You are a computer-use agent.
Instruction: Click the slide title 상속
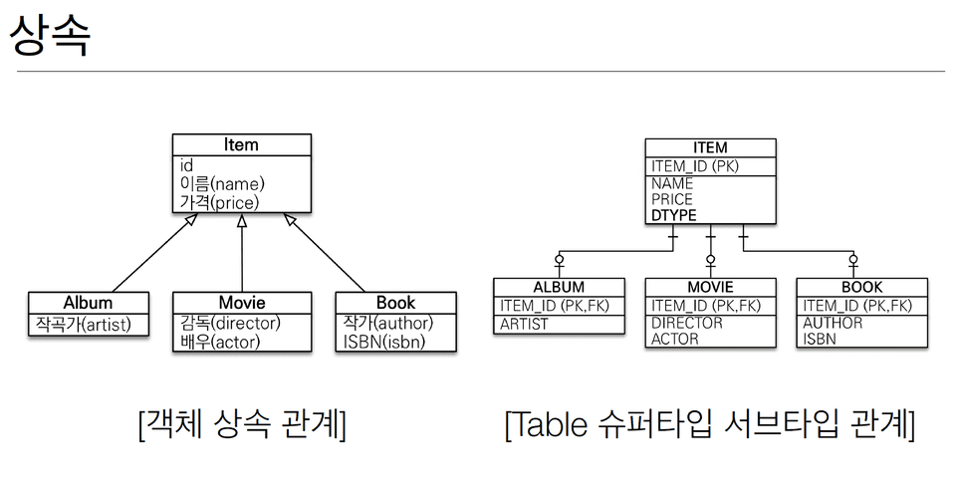point(50,37)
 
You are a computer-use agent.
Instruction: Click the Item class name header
point(241,145)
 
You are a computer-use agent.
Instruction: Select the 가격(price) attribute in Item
point(219,202)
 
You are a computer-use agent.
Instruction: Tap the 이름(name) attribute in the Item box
point(222,184)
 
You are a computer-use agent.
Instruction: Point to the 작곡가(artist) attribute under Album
point(84,325)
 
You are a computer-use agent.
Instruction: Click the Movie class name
point(242,303)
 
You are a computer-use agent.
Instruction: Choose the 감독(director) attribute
point(230,324)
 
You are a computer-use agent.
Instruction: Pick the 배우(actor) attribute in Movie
point(220,342)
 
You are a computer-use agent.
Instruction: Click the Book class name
point(395,303)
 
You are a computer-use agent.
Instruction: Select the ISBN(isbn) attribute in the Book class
point(384,342)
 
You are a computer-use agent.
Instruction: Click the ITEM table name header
point(710,148)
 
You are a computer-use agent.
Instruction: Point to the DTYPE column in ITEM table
point(673,215)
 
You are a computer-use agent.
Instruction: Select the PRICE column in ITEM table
point(671,199)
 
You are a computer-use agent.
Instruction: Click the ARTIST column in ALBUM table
point(524,324)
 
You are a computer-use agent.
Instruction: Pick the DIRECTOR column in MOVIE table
point(686,323)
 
